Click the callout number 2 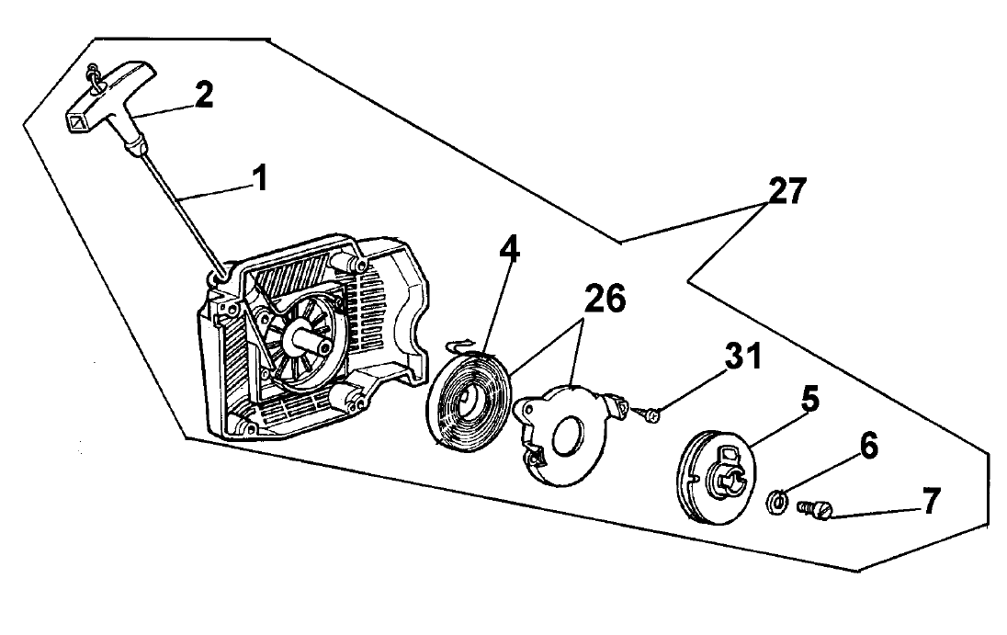[204, 95]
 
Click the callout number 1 [261, 177]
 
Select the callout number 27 [787, 191]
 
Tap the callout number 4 [509, 248]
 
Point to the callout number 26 [605, 299]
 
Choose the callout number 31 [743, 356]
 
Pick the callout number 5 [810, 399]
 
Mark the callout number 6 [869, 446]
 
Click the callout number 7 [932, 500]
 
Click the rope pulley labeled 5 [716, 476]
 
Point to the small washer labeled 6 [777, 501]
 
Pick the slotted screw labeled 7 [815, 509]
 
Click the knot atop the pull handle [96, 78]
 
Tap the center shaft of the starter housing [310, 338]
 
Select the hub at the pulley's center [728, 482]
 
